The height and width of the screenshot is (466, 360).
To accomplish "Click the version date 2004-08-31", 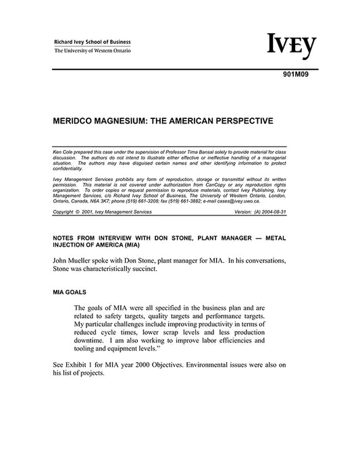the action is pyautogui.click(x=291, y=211).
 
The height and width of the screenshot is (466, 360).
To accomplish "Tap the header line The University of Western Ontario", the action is pyautogui.click(x=93, y=51).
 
